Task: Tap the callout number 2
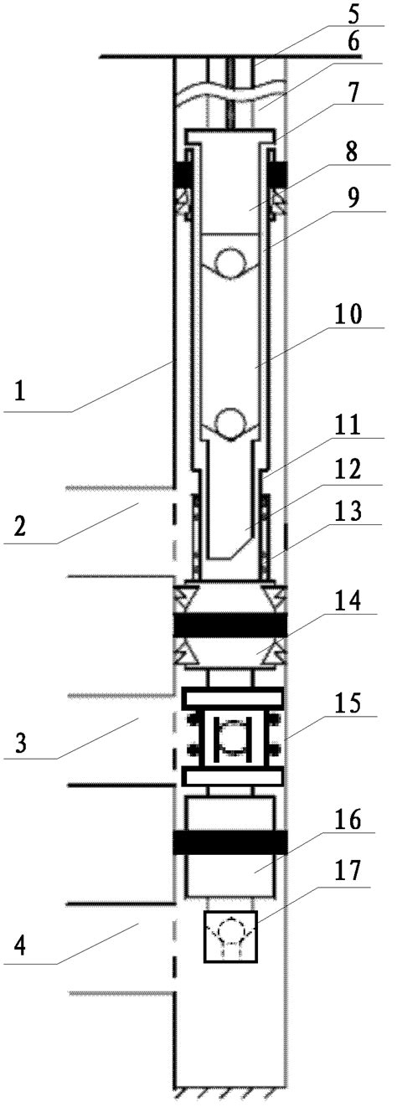20,527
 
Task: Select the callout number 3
20,742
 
